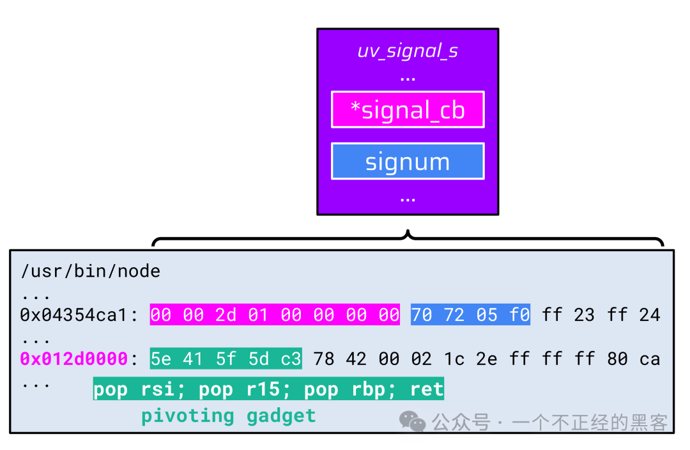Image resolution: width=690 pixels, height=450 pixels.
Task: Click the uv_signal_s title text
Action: tap(408, 50)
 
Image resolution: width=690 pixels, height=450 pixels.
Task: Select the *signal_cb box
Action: tap(408, 110)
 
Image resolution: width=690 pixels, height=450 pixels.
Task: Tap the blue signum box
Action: tap(408, 161)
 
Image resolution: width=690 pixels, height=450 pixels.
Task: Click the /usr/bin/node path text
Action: tap(90, 271)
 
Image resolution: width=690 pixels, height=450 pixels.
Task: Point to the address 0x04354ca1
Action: tap(74, 314)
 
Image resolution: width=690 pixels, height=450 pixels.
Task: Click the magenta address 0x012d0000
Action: tap(74, 359)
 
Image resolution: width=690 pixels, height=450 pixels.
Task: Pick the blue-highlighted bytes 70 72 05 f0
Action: tap(470, 314)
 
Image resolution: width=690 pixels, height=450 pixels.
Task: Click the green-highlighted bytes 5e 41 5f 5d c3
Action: tap(226, 359)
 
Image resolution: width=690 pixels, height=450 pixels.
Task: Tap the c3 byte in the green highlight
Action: tap(291, 359)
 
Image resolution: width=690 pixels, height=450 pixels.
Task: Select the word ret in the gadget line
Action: tap(427, 389)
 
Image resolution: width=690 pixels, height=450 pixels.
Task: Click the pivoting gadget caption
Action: tap(229, 416)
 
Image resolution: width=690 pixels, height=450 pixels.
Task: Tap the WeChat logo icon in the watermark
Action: tap(413, 421)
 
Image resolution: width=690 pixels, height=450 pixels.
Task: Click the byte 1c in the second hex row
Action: tap(454, 359)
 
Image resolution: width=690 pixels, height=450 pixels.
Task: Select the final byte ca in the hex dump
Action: tap(649, 359)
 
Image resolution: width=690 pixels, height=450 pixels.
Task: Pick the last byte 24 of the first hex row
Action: tap(649, 314)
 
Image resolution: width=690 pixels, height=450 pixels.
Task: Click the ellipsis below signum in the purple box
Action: tap(408, 199)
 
